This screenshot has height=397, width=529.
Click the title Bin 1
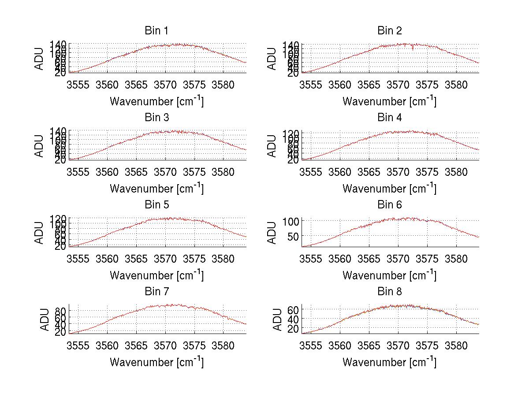pyautogui.click(x=156, y=31)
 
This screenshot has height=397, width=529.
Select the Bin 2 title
pyautogui.click(x=389, y=31)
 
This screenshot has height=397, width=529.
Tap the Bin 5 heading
pyautogui.click(x=156, y=205)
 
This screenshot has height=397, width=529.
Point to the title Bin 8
pyautogui.click(x=389, y=292)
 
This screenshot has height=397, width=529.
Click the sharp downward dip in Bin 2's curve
pyautogui.click(x=413, y=48)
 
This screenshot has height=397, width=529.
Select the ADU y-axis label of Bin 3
pyautogui.click(x=40, y=145)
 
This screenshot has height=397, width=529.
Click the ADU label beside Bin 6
pyautogui.click(x=272, y=232)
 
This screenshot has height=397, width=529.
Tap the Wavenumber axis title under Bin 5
pyautogui.click(x=156, y=275)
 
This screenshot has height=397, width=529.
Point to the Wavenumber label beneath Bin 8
pyautogui.click(x=389, y=362)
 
